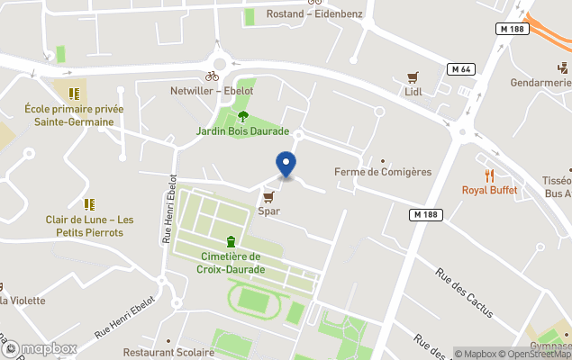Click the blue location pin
click(286, 165)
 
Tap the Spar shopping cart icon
click(268, 196)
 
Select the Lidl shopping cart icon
click(413, 76)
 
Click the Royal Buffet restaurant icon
click(490, 175)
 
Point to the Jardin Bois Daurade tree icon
click(243, 115)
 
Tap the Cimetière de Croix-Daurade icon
click(232, 241)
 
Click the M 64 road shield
click(462, 69)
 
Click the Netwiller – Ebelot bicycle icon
click(212, 76)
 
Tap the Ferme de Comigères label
click(383, 172)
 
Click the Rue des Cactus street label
click(464, 293)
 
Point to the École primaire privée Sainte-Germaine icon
click(73, 93)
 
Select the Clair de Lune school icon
click(89, 204)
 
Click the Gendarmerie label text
click(542, 83)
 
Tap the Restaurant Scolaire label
click(164, 352)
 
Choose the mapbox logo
click(39, 348)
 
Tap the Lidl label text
click(413, 92)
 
